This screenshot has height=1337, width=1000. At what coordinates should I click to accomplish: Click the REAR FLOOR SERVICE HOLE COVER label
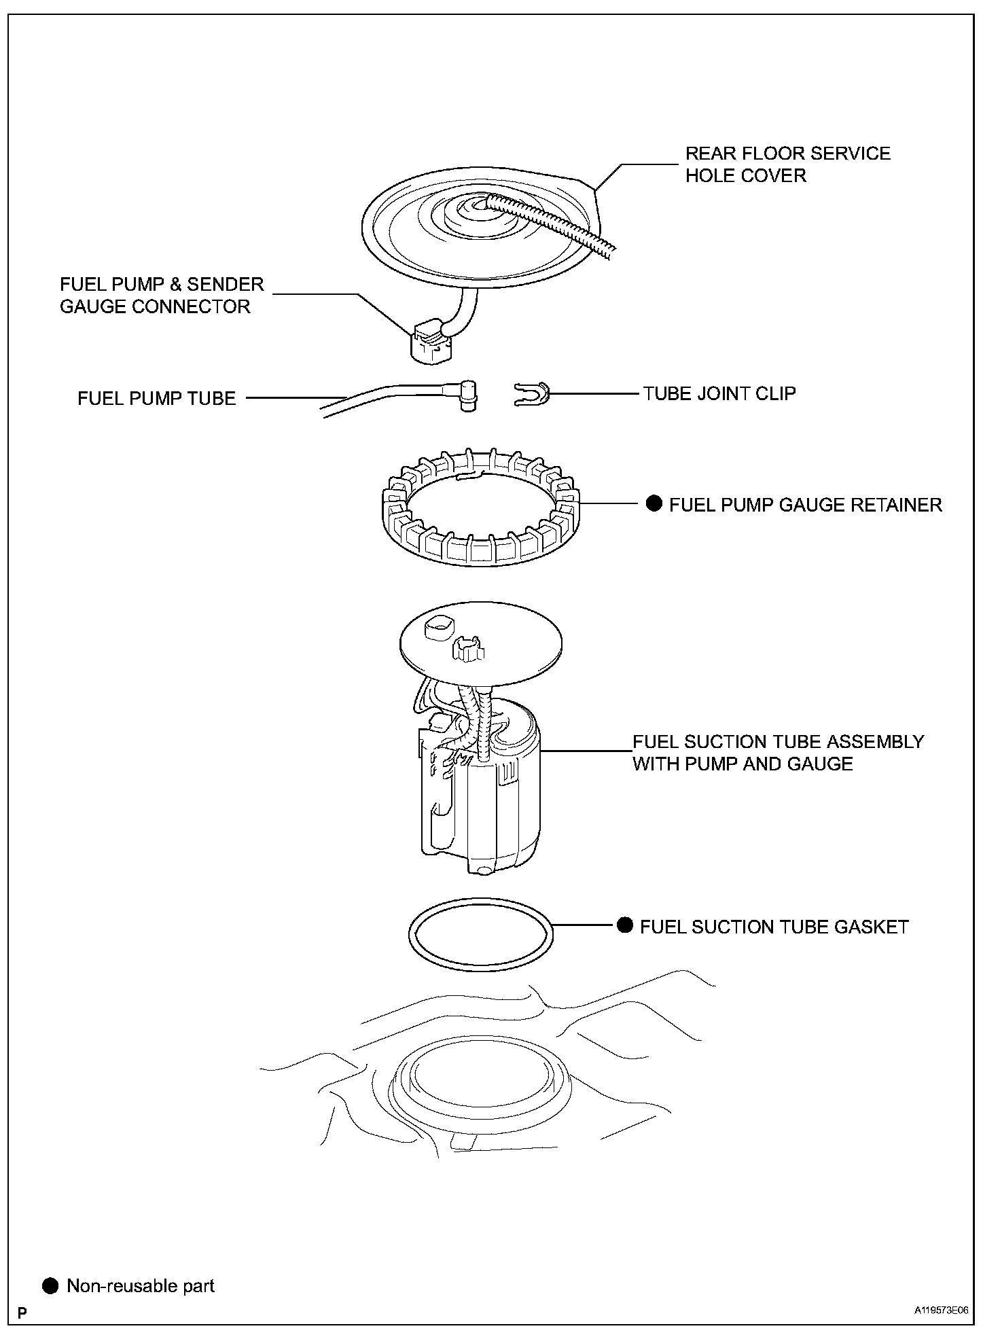(787, 164)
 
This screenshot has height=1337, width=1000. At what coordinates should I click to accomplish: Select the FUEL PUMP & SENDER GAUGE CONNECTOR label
(162, 296)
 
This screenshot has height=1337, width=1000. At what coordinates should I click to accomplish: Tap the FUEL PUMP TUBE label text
(157, 398)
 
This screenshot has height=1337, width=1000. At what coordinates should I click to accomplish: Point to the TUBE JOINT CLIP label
(719, 393)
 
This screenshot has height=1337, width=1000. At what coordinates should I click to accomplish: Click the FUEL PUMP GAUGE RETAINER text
(806, 505)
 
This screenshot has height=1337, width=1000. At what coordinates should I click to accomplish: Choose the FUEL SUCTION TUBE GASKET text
(774, 927)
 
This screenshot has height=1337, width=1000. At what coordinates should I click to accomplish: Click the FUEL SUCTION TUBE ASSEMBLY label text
(779, 753)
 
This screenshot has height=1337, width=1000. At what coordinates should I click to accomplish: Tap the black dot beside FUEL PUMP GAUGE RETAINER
(654, 503)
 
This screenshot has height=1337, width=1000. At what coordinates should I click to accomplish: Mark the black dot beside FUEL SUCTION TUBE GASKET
(625, 925)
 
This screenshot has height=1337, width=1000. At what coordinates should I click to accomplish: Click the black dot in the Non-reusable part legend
(50, 1286)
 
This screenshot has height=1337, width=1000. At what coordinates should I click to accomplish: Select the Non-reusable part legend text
(141, 1286)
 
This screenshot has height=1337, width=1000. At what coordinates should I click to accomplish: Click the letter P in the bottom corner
(22, 1313)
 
